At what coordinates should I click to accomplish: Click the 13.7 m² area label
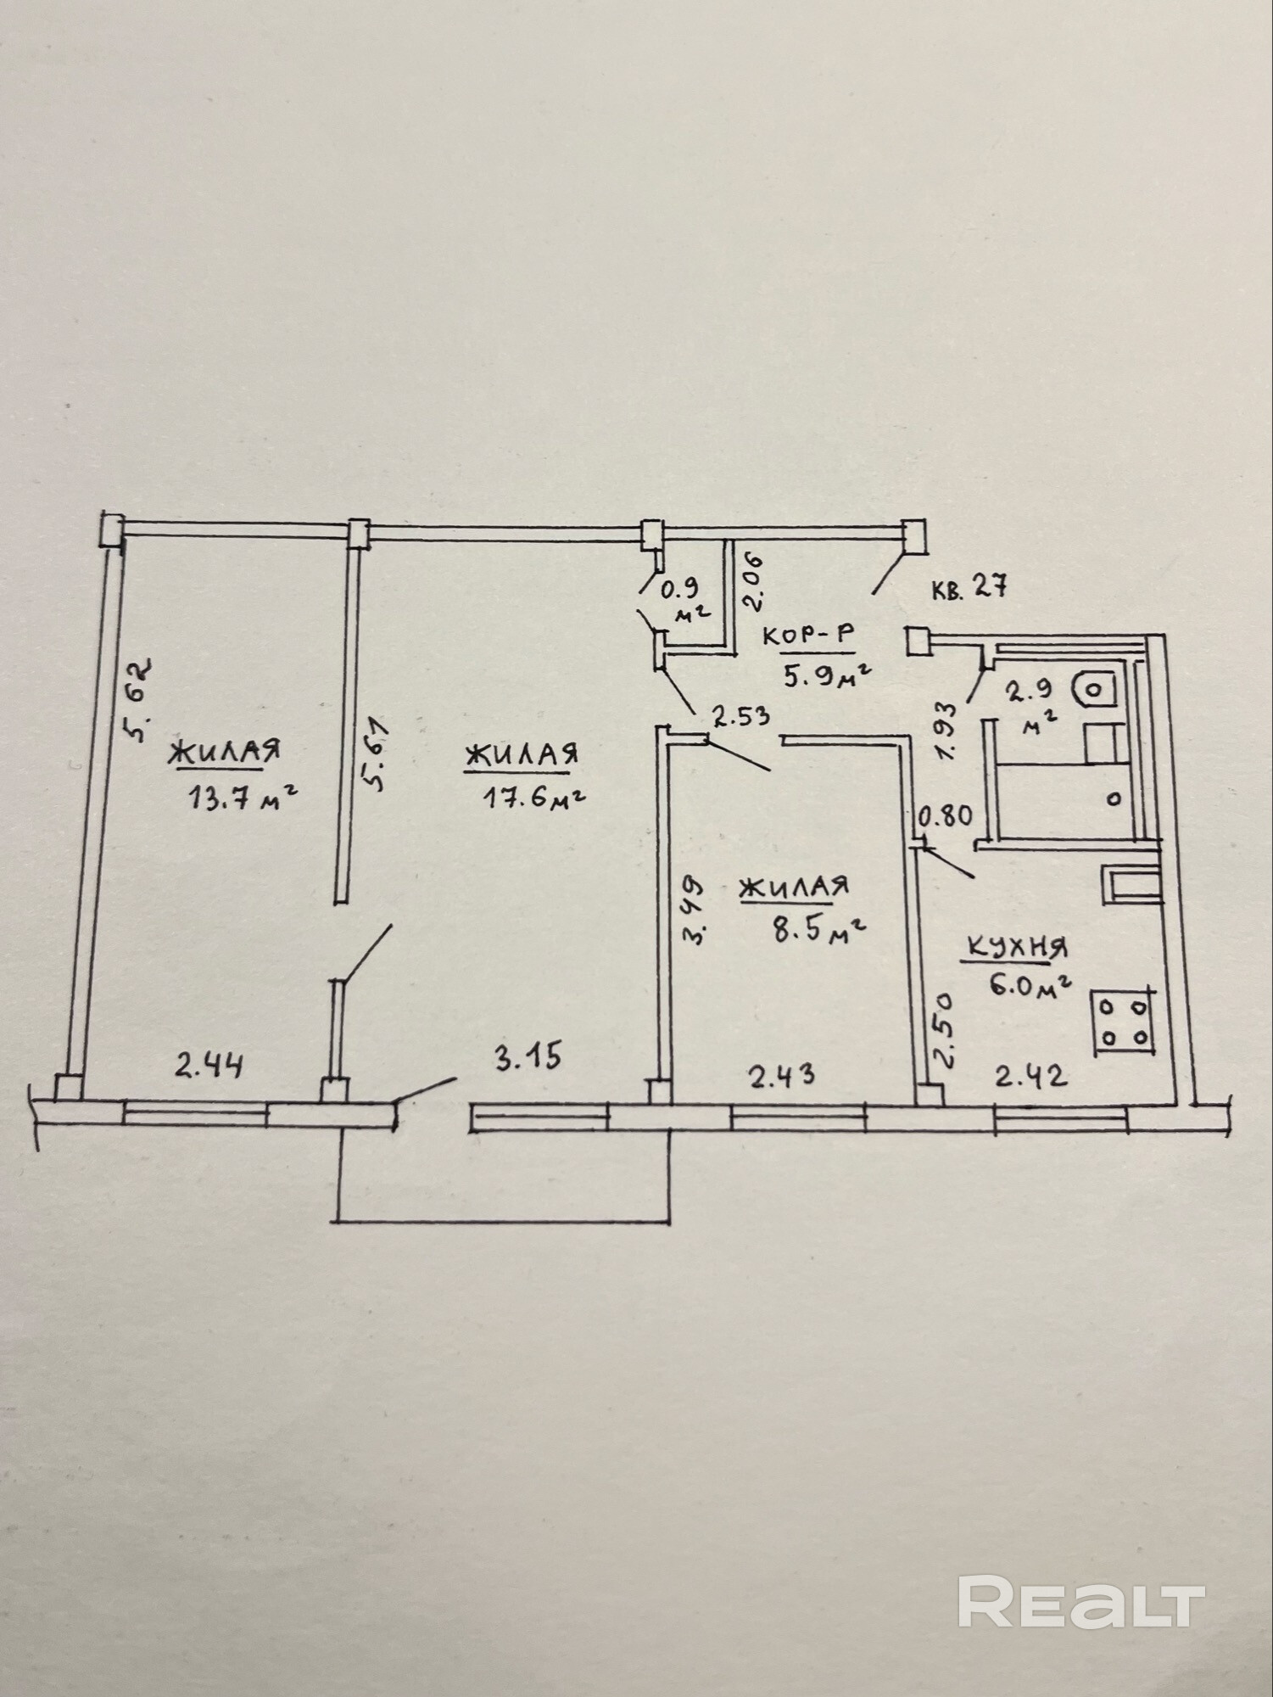click(242, 798)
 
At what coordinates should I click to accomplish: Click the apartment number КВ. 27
click(969, 587)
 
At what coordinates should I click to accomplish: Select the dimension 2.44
click(209, 1065)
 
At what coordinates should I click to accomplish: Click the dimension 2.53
click(741, 717)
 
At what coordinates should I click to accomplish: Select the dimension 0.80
click(946, 816)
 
